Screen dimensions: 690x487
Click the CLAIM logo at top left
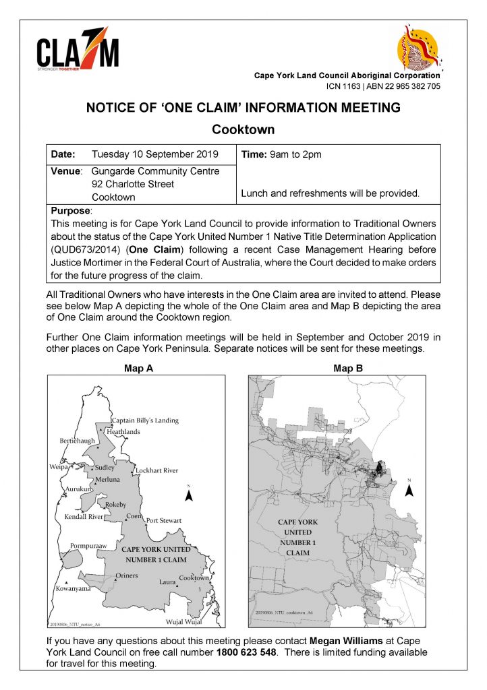point(78,51)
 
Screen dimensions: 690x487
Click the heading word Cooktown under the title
point(243,129)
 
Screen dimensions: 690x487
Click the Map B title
point(347,369)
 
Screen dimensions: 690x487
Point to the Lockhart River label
point(156,470)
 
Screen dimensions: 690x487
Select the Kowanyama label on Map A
point(72,588)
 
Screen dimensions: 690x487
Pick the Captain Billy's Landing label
point(145,420)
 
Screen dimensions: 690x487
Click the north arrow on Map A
point(190,495)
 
